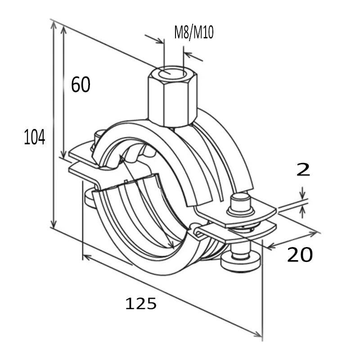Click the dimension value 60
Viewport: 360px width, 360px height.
coord(81,85)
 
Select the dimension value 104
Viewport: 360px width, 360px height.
coord(35,137)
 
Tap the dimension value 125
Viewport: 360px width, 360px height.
coord(141,304)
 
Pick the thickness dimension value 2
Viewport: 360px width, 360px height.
coord(304,170)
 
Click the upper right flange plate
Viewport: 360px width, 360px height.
coord(243,216)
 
